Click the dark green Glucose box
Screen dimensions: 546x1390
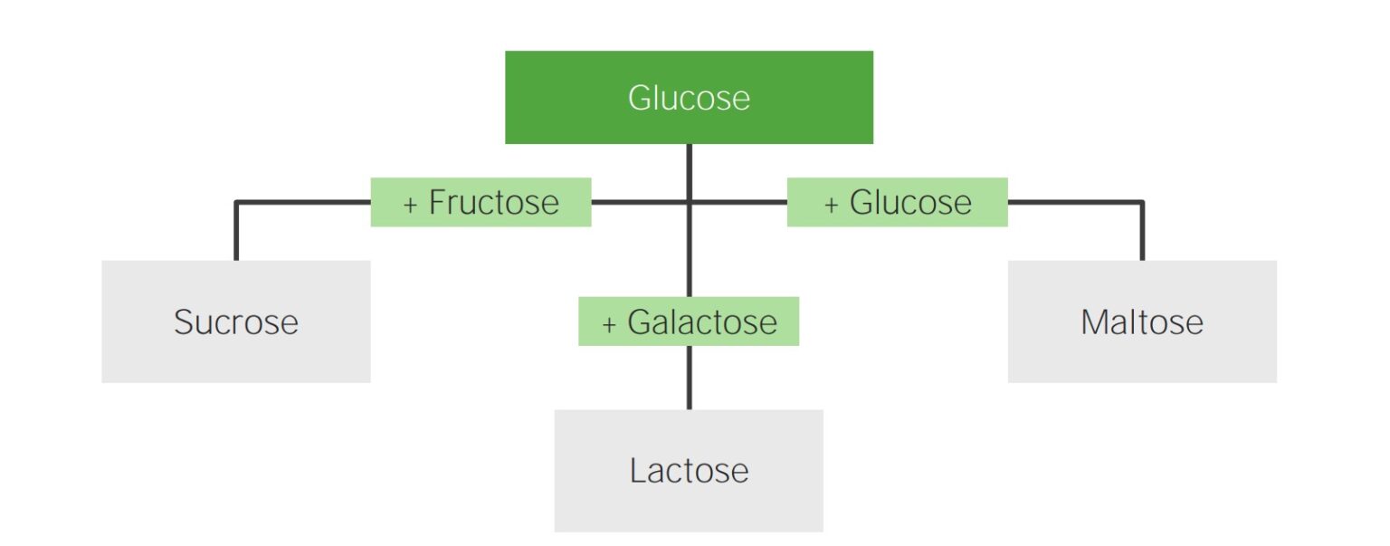689,97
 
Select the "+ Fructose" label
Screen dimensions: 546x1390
481,202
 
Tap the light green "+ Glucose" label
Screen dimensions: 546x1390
897,202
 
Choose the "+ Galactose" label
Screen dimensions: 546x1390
689,321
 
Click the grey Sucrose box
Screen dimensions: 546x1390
235,321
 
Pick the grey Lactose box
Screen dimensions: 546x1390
689,471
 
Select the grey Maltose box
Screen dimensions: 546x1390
1142,321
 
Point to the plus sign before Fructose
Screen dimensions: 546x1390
411,204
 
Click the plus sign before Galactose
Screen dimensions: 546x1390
609,324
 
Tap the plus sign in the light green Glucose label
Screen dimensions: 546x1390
832,204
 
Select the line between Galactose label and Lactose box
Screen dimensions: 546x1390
689,378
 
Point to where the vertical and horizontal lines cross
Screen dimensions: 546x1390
689,202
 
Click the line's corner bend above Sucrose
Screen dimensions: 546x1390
236,202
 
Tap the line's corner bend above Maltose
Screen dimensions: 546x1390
1142,202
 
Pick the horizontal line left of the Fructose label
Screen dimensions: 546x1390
303,202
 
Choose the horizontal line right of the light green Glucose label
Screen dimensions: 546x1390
1074,202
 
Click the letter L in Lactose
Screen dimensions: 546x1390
637,471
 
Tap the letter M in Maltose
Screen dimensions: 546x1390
1094,322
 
